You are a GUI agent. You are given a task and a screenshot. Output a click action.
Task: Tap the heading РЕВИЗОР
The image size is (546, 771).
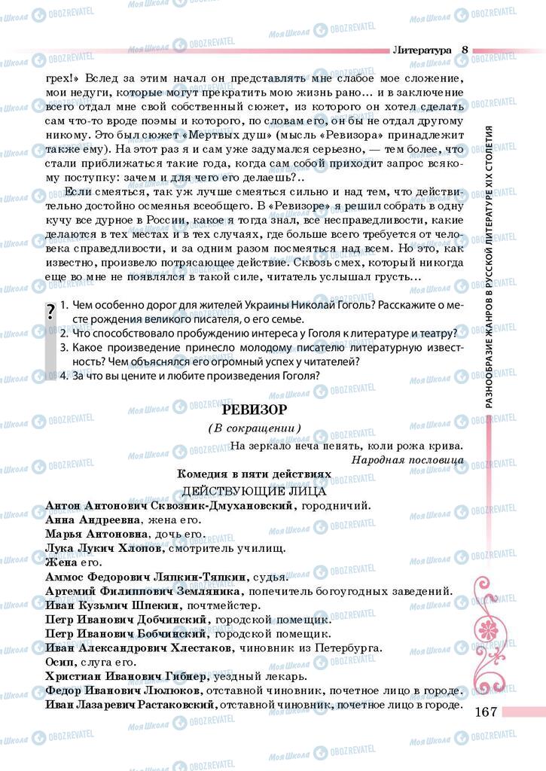pyautogui.click(x=254, y=410)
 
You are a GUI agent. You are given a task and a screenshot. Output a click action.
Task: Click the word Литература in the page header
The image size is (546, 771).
pyautogui.click(x=421, y=50)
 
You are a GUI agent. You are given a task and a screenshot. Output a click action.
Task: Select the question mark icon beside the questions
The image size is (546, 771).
pyautogui.click(x=50, y=312)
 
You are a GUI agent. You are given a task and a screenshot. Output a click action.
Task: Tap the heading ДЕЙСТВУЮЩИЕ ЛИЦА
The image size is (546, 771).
pyautogui.click(x=254, y=490)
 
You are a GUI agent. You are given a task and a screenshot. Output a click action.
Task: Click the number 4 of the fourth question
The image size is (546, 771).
pyautogui.click(x=64, y=389)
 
